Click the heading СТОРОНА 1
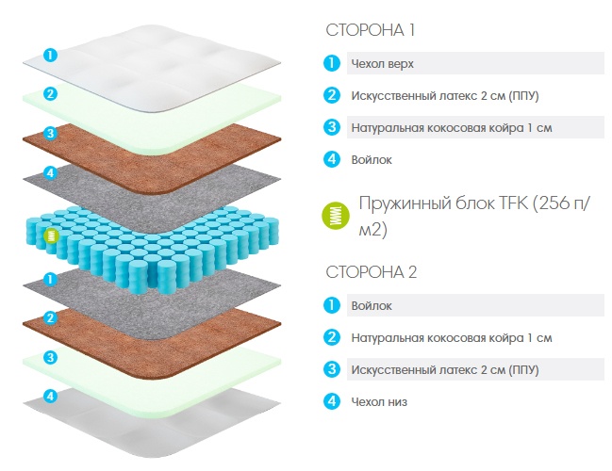pos(370,30)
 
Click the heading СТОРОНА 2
pos(372,271)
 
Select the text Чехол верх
pos(382,63)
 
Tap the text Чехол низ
pos(379,401)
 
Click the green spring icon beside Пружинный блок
pos(336,216)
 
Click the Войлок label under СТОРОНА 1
pos(372,159)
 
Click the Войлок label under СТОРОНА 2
pos(372,306)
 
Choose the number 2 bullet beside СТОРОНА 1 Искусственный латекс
pos(332,95)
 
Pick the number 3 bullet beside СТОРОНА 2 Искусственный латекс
pos(332,369)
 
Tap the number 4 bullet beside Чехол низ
pos(332,400)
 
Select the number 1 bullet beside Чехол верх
pos(332,63)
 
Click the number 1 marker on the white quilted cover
pos(50,55)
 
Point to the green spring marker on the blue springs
pos(51,235)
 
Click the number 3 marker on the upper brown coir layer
pos(50,134)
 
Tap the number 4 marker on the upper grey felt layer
pos(50,172)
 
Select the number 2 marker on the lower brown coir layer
pos(50,317)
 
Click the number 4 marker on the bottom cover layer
pos(50,397)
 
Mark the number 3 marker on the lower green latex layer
pos(50,357)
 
